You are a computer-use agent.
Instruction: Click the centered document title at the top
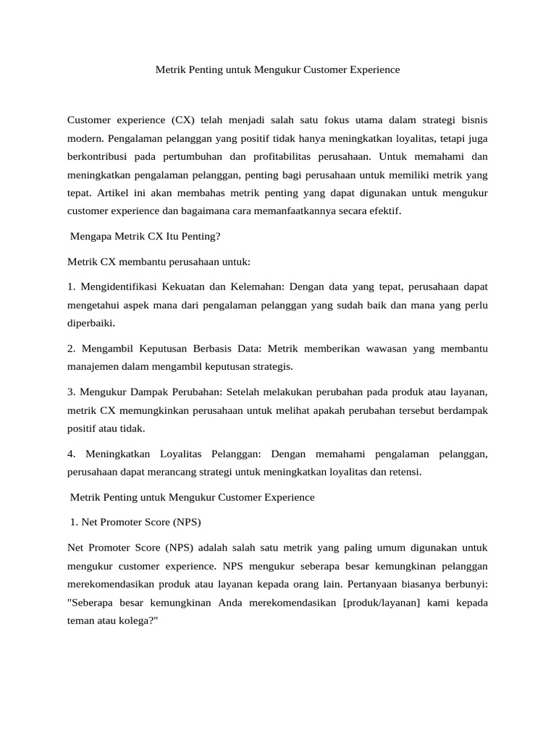pyautogui.click(x=278, y=70)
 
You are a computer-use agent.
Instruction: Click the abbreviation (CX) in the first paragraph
pyautogui.click(x=184, y=119)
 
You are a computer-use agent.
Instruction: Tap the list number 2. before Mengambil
pyautogui.click(x=72, y=349)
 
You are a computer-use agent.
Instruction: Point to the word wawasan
pyautogui.click(x=384, y=349)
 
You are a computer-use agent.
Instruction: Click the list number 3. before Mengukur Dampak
pyautogui.click(x=72, y=392)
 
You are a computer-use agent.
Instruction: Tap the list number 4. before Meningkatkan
pyautogui.click(x=72, y=454)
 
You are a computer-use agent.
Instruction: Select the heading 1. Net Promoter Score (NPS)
pyautogui.click(x=136, y=522)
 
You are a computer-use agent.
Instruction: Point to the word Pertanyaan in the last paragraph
pyautogui.click(x=389, y=583)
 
